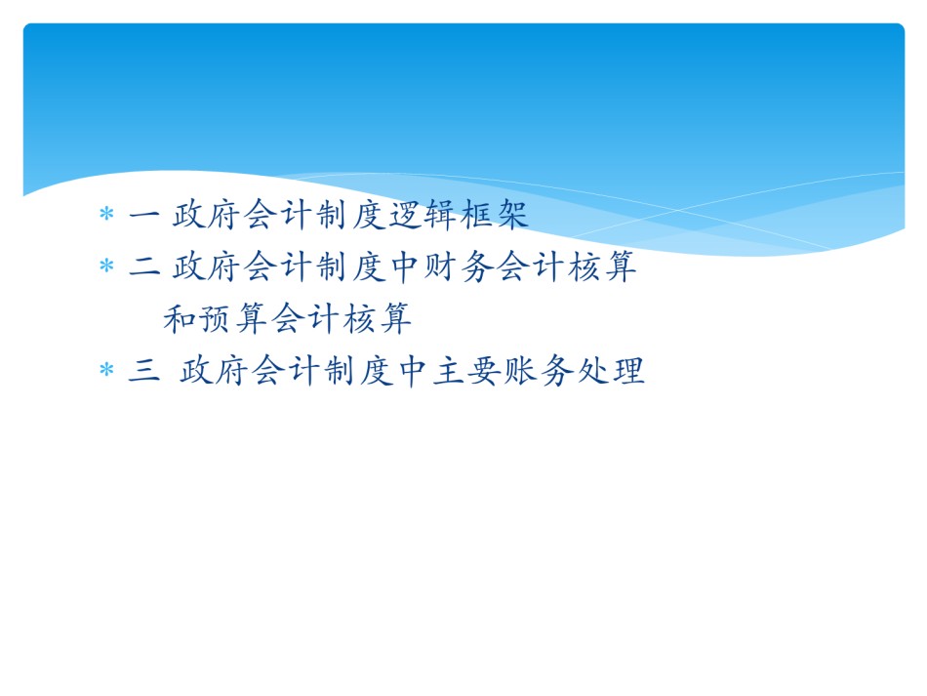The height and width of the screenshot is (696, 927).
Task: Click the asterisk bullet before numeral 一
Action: [x=106, y=213]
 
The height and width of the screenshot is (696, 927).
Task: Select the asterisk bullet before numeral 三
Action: [x=106, y=370]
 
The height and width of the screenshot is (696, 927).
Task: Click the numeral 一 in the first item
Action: [x=144, y=215]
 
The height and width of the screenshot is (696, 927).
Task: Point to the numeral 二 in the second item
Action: [x=144, y=266]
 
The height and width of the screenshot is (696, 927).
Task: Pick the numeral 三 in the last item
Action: [x=144, y=371]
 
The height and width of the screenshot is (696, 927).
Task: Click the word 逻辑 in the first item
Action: [x=423, y=214]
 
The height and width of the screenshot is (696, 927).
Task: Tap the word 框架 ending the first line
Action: [x=495, y=214]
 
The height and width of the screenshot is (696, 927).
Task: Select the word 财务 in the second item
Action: [x=459, y=266]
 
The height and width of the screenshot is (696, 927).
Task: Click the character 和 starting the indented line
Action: [x=181, y=319]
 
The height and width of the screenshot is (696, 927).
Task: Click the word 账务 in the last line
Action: [x=538, y=371]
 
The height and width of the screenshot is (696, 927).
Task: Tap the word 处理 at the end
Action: [x=611, y=371]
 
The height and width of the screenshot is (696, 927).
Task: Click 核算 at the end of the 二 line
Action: [x=602, y=266]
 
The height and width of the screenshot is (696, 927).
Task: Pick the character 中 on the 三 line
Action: [x=414, y=371]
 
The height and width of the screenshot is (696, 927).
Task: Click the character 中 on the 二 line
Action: [x=405, y=266]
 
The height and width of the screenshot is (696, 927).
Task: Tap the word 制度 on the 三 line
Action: [x=358, y=371]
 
